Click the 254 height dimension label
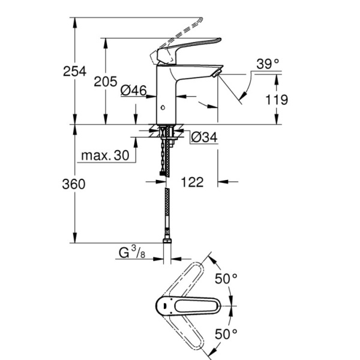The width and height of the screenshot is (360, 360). pyautogui.click(x=76, y=71)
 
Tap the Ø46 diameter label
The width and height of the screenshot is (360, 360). pyautogui.click(x=133, y=91)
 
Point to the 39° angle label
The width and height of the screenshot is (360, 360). pyautogui.click(x=268, y=64)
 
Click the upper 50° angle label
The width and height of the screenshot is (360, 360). pyautogui.click(x=227, y=278)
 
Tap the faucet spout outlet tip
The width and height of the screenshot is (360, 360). pyautogui.click(x=217, y=73)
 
